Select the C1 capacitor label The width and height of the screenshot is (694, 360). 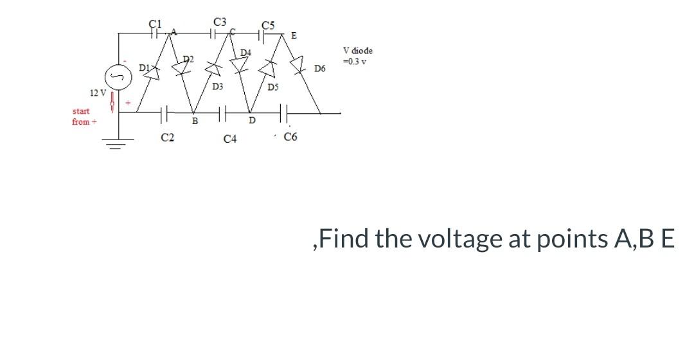point(154,24)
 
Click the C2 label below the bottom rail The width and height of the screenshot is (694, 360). point(167,136)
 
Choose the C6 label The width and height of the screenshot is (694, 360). point(290,136)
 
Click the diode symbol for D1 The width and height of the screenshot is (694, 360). point(152,72)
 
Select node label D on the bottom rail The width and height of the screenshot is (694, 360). point(252,120)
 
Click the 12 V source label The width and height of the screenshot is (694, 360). point(99,93)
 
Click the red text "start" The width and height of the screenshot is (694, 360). point(82,111)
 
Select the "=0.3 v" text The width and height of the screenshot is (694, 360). point(355,61)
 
